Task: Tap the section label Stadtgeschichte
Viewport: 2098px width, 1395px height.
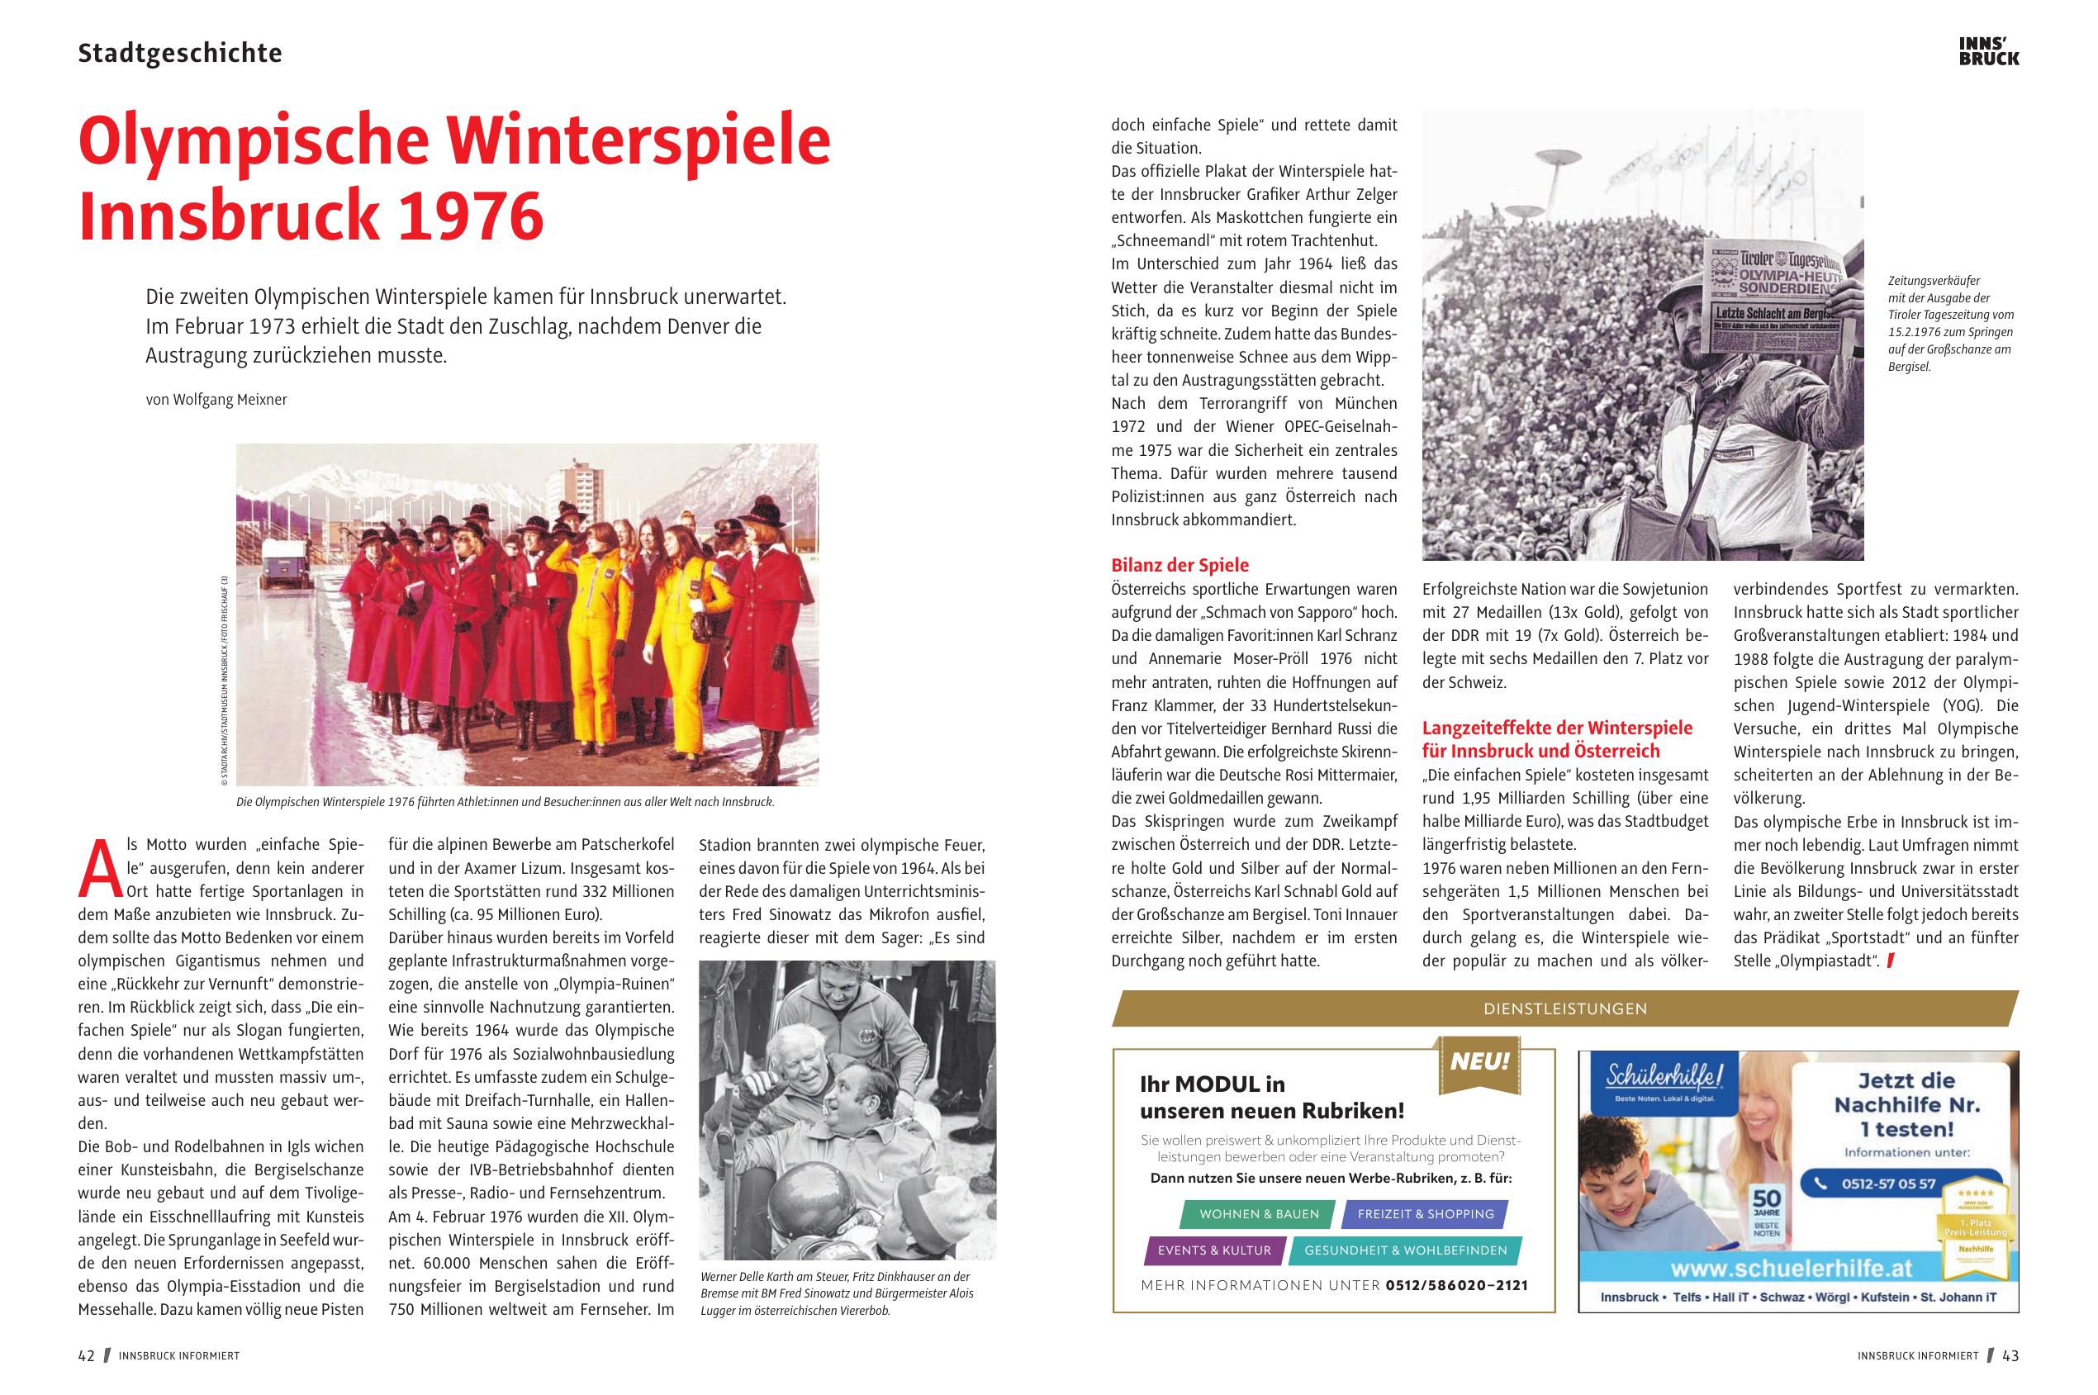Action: [x=180, y=54]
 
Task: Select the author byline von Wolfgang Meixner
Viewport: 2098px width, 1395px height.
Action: [x=216, y=400]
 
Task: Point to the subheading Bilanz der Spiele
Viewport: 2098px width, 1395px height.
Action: [x=1179, y=565]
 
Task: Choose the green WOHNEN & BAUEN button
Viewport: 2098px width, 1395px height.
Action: [x=1259, y=1214]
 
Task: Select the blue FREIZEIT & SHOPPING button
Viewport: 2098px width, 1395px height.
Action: [x=1426, y=1214]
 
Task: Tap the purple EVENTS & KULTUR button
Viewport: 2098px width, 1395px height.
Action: [x=1213, y=1250]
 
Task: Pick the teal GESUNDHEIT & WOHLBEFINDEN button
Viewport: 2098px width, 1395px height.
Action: [x=1405, y=1250]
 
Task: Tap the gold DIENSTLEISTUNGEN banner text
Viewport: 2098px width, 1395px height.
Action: [x=1565, y=1009]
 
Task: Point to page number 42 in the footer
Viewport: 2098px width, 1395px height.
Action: [x=86, y=1356]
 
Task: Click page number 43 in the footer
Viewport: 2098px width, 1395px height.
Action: [x=2010, y=1356]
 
